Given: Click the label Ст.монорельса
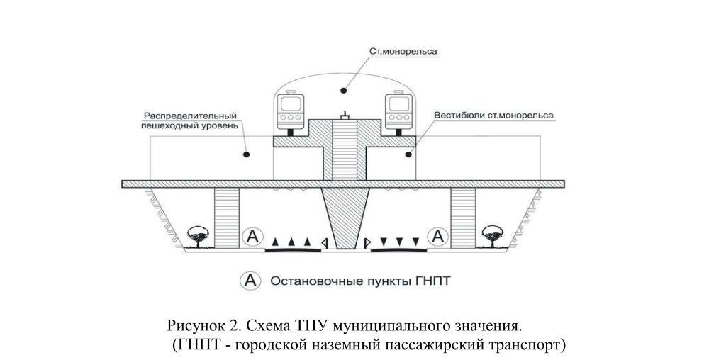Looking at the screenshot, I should tap(403, 52).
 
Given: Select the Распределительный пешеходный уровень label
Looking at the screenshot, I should tap(189, 120).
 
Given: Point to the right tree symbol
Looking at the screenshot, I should tap(491, 235).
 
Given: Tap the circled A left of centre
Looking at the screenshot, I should tap(251, 236).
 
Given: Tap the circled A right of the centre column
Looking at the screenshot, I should tap(440, 236).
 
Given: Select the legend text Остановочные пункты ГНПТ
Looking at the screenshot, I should tap(360, 281).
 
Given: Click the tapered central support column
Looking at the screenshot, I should tap(344, 216).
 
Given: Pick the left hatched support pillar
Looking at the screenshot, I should tap(226, 217).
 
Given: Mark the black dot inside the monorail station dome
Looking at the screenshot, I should tap(343, 89).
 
